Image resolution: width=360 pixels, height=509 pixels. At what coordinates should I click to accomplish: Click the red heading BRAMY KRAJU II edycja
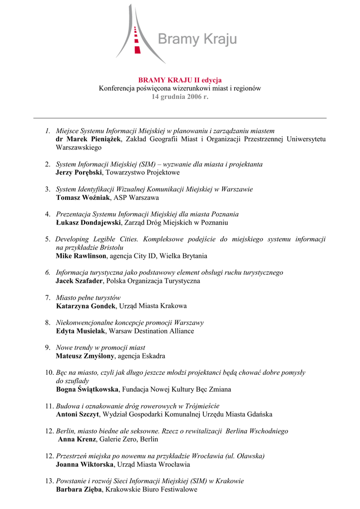pos(180,80)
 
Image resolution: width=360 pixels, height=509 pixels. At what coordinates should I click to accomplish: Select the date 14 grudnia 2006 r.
pos(180,96)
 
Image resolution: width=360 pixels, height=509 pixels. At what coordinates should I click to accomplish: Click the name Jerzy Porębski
pos(79,172)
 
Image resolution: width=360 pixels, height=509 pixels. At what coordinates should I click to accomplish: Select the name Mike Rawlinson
pos(81,256)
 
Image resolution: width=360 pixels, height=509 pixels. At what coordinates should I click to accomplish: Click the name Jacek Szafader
pos(79,281)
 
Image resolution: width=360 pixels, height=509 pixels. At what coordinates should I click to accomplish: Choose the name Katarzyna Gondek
pos(86,306)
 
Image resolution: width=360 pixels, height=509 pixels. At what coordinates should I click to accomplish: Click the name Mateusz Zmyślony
pos(85,356)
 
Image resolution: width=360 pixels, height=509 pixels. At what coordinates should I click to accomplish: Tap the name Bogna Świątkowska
pos(88,389)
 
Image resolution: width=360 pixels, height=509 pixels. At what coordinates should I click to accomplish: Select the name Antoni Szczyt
pos(78,414)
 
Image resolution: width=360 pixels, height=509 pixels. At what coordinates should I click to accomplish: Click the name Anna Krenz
pos(77,439)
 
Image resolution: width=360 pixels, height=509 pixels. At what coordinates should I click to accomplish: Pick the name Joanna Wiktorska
pos(85,464)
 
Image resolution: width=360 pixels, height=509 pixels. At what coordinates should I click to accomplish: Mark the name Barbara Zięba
pos(79,489)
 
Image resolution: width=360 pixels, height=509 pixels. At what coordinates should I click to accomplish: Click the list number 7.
pos(47,297)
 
